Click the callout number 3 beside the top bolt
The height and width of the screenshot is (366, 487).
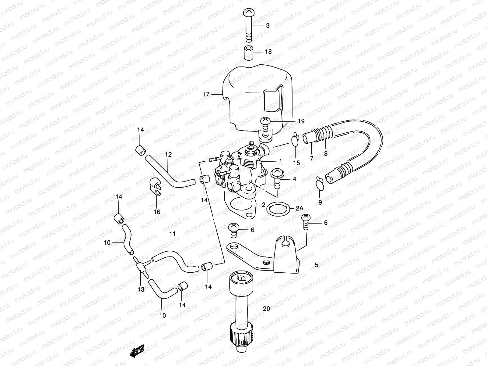pos(268,26)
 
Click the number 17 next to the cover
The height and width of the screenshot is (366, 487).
pos(206,94)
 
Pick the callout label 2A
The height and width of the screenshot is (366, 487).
pos(300,209)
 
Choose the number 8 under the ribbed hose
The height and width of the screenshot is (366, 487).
pos(326,154)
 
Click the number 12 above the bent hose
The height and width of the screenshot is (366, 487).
pos(168,154)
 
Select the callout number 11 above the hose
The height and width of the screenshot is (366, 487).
pos(173,234)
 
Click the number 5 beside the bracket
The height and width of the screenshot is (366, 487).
pos(317,265)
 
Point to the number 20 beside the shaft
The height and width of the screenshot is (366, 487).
pos(266,309)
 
